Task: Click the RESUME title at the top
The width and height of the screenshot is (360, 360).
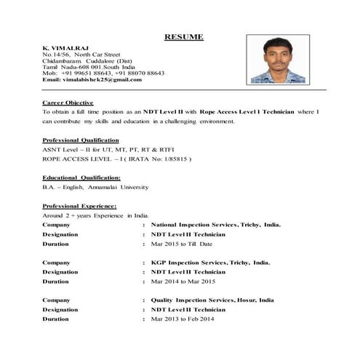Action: [x=183, y=37]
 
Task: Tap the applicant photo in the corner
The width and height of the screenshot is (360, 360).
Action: [x=277, y=60]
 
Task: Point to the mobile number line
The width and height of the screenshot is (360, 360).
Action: [x=103, y=73]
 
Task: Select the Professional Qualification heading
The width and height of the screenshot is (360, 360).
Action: [x=80, y=140]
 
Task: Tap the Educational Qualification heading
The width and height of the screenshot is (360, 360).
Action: [x=81, y=177]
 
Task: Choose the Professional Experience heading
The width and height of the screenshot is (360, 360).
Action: [x=79, y=206]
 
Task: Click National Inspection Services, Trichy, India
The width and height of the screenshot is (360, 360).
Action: [x=215, y=225]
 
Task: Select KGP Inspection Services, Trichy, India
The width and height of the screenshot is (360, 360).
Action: [x=210, y=262]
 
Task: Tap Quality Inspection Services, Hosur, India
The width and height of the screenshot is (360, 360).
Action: [x=212, y=300]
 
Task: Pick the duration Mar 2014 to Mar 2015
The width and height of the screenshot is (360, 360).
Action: [x=183, y=281]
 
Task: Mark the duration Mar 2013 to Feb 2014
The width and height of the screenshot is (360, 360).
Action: [x=183, y=319]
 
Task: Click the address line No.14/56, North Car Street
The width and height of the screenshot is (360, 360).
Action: [x=81, y=54]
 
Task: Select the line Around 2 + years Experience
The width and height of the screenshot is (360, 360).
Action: [x=95, y=215]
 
